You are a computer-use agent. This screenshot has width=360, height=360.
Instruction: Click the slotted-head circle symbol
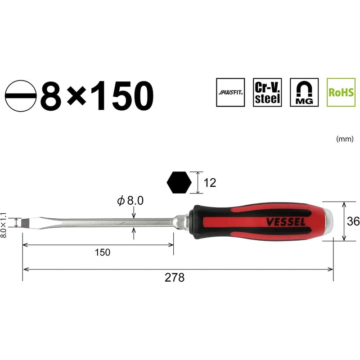pos(21,96)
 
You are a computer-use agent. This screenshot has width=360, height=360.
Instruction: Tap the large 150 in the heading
pos(122,96)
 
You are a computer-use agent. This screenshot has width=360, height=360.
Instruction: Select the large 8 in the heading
pos(51,96)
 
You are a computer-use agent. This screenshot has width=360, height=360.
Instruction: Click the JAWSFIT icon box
pos(230,92)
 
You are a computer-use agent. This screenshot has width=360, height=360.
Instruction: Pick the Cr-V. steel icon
pos(267,92)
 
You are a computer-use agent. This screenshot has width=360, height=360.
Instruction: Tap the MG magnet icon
pos(304,92)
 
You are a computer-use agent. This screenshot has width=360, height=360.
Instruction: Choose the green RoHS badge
pos(341,92)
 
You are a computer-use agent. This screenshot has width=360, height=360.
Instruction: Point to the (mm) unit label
pos(345,139)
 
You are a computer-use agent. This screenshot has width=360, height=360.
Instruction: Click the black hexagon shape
pos(179,183)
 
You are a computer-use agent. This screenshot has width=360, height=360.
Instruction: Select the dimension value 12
pos(210,183)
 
